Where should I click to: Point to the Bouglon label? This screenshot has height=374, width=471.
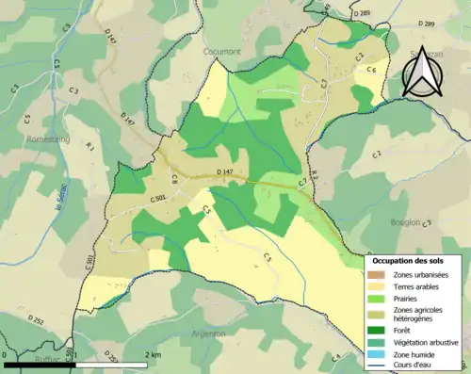coord(406,222)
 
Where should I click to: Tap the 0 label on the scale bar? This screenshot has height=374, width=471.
coord(7,355)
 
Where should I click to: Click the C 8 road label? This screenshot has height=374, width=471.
coord(174,179)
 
